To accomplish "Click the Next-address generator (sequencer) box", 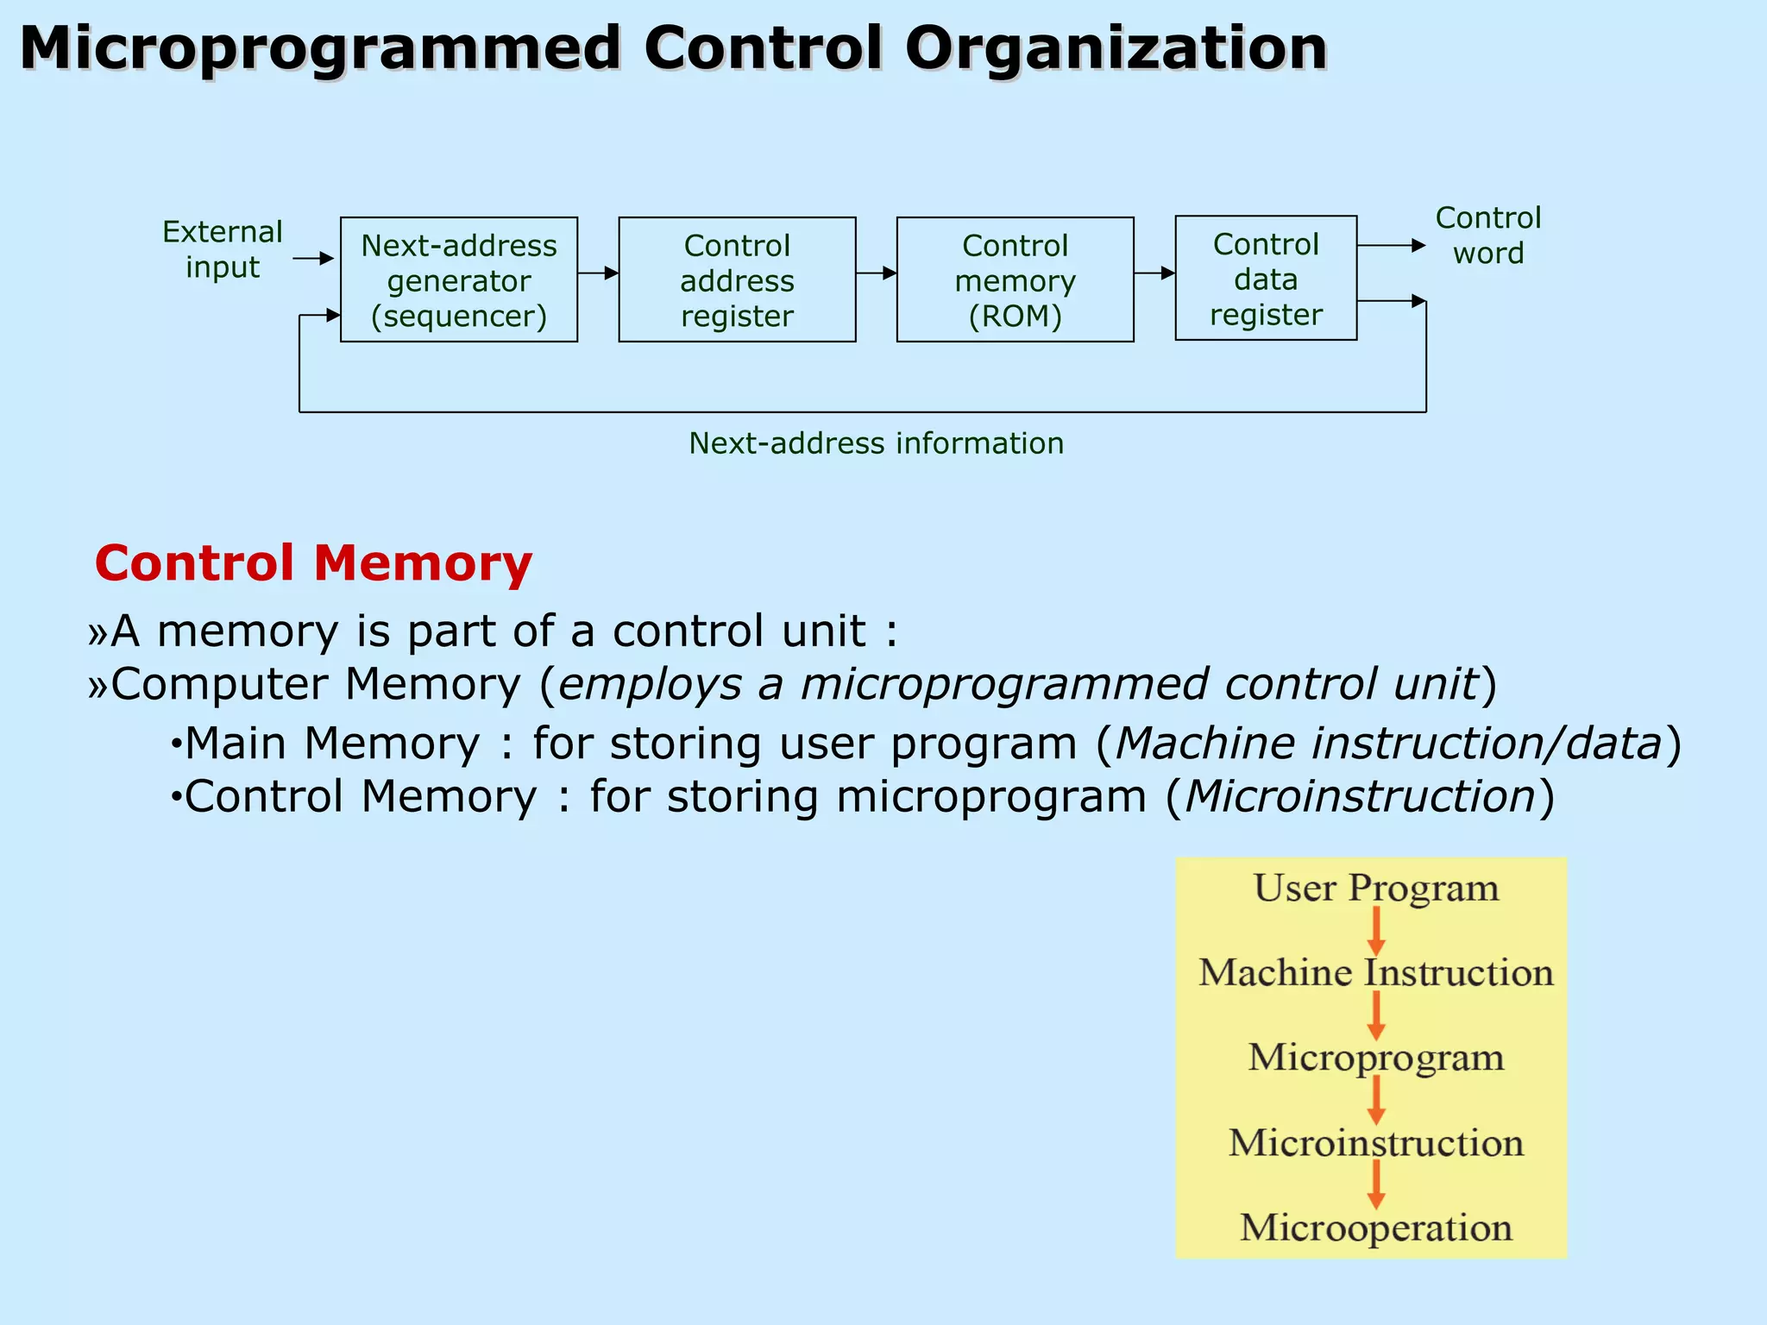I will pyautogui.click(x=458, y=279).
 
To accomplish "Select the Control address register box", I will pyautogui.click(x=737, y=279).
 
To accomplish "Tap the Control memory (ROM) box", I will pyautogui.click(x=1015, y=279).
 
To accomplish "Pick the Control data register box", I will pyautogui.click(x=1265, y=278).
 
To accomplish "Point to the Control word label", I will pyautogui.click(x=1487, y=235).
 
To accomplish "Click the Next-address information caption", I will pyautogui.click(x=876, y=443).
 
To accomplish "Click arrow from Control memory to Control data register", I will pyautogui.click(x=1154, y=273).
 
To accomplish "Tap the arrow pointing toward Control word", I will pyautogui.click(x=1391, y=246).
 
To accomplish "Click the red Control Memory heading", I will pyautogui.click(x=313, y=563).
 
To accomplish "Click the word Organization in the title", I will pyautogui.click(x=1116, y=48).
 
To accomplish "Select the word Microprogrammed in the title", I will pyautogui.click(x=320, y=48).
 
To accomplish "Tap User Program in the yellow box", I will pyautogui.click(x=1375, y=888).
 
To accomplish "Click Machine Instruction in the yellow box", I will pyautogui.click(x=1375, y=972).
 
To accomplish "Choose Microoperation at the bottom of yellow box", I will pyautogui.click(x=1375, y=1227).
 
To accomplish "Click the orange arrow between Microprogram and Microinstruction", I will pyautogui.click(x=1376, y=1099).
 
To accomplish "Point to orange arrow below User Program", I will pyautogui.click(x=1376, y=930).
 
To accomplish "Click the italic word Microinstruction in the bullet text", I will pyautogui.click(x=1361, y=795).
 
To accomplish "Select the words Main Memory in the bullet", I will pyautogui.click(x=332, y=743).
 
